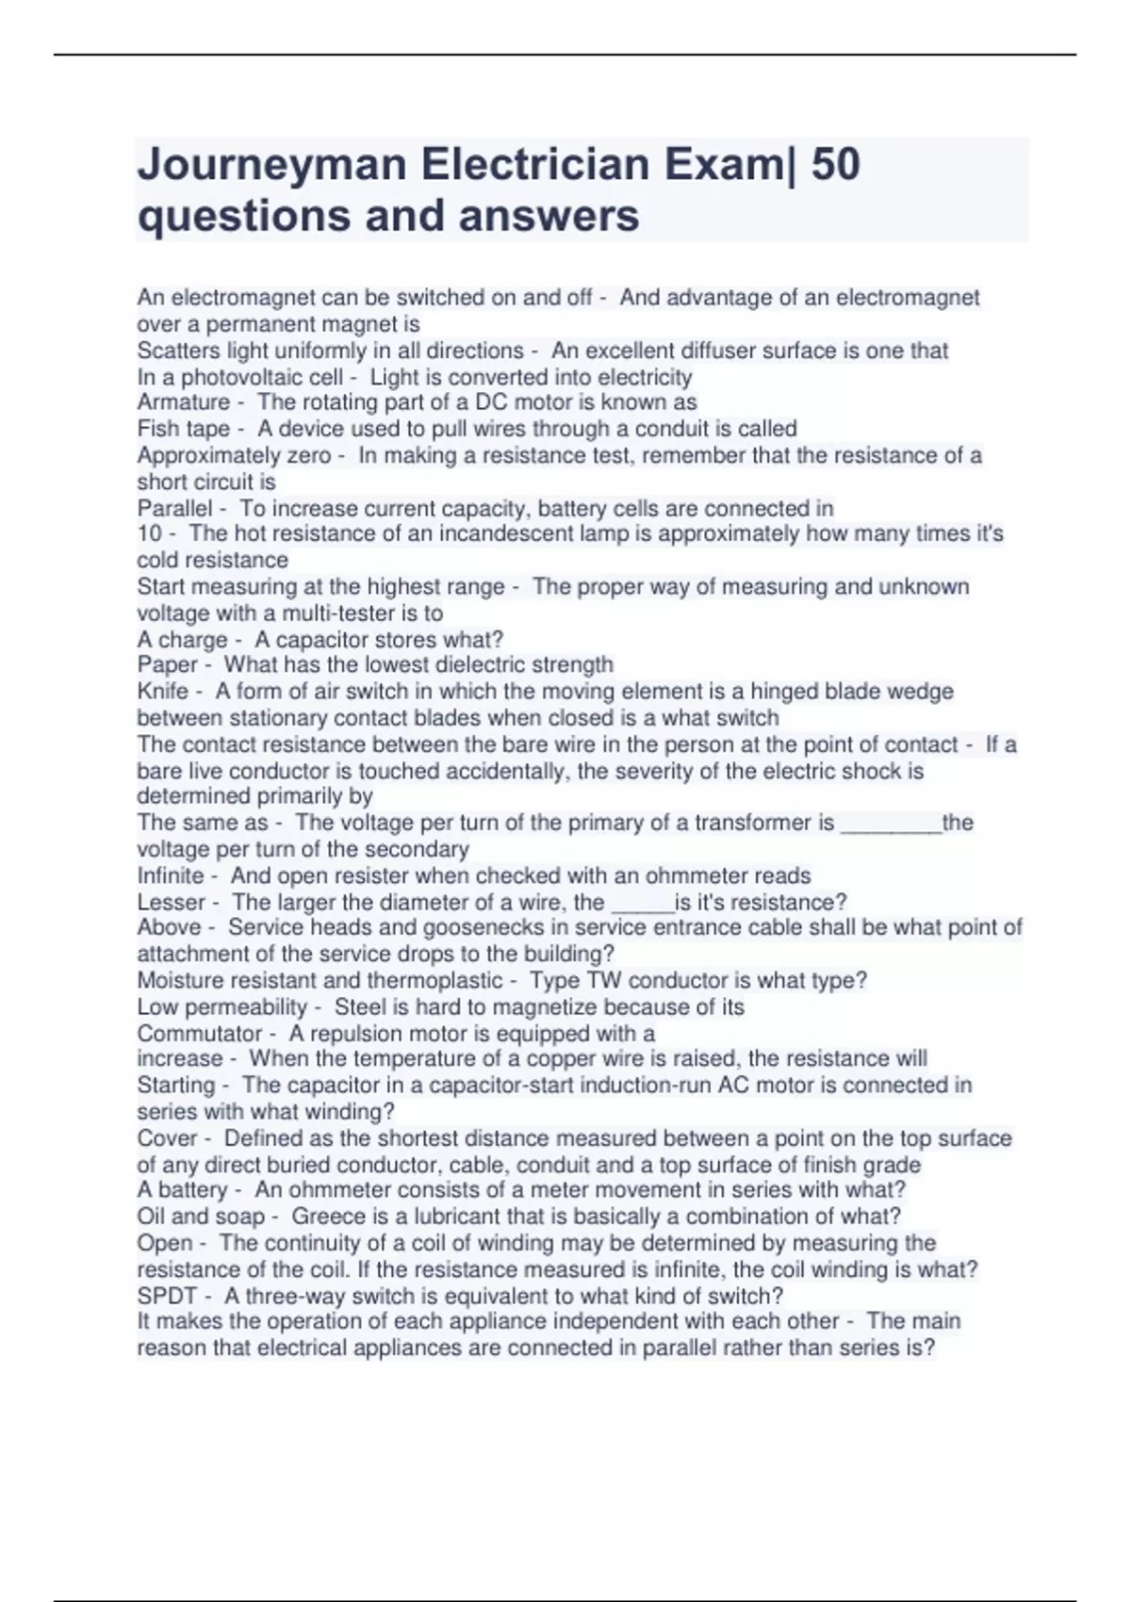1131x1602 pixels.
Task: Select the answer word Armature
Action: [x=184, y=402]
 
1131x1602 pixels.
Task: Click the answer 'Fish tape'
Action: [x=184, y=429]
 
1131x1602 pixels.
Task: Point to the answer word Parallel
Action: [x=174, y=509]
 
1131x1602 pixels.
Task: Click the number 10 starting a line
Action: [x=150, y=533]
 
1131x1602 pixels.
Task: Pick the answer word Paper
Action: [x=168, y=665]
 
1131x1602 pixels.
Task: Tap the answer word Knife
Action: [x=163, y=692]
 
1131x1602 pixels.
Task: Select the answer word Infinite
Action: [x=171, y=875]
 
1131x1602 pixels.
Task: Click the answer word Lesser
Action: [x=172, y=902]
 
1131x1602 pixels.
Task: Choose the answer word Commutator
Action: [x=200, y=1034]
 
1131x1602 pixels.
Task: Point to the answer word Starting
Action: [x=176, y=1086]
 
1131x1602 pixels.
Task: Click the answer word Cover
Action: [x=168, y=1138]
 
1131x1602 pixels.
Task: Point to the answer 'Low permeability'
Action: [x=222, y=1007]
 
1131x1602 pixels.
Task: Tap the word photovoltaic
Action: [x=237, y=378]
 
